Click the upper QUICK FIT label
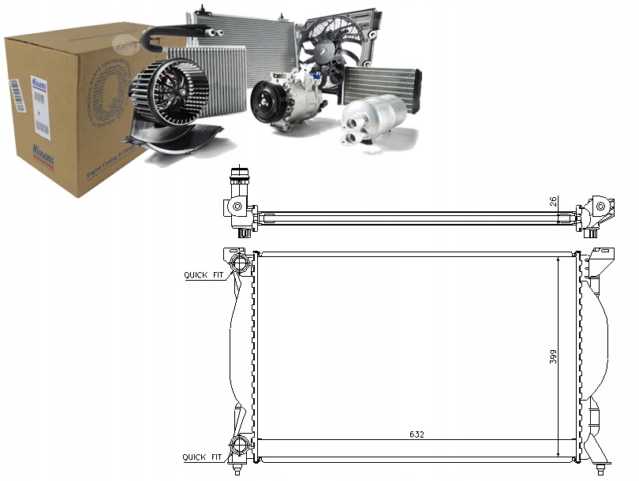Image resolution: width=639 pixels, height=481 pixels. [x=204, y=275]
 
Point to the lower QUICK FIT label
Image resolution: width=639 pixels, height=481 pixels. [x=204, y=457]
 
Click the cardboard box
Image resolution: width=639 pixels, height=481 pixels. [x=75, y=110]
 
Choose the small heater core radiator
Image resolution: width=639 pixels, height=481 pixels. [x=380, y=83]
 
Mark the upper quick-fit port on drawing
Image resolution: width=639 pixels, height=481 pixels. [x=239, y=262]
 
